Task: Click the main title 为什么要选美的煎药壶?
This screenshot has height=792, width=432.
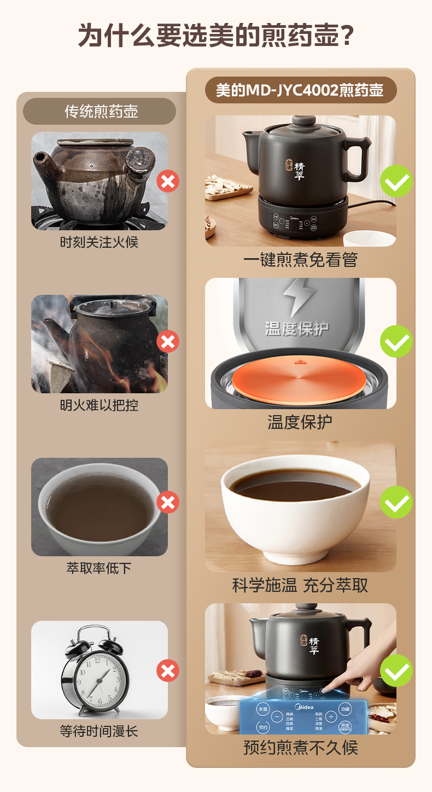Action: [216, 36]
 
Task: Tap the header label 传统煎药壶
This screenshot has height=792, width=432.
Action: [101, 112]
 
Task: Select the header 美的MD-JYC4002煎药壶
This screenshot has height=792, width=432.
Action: [300, 90]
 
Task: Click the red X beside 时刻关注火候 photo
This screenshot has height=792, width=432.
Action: [168, 181]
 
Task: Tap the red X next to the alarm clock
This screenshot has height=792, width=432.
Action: [168, 671]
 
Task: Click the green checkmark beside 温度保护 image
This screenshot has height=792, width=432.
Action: [396, 341]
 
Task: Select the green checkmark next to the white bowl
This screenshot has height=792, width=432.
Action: [396, 502]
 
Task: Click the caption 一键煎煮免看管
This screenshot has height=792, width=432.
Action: [300, 260]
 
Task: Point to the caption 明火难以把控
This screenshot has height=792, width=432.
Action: [99, 405]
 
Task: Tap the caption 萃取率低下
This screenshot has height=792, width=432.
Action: [99, 568]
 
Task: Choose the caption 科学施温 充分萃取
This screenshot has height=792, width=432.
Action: [300, 585]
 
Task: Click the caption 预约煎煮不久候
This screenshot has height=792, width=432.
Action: [300, 747]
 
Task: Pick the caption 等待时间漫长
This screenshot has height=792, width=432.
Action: [99, 731]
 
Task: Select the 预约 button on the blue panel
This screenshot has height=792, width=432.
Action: [263, 727]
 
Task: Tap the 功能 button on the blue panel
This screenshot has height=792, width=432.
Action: [345, 708]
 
